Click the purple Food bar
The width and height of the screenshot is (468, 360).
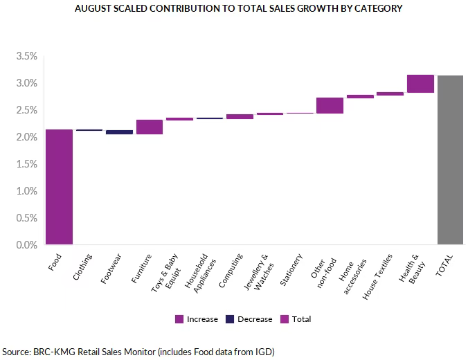(59, 187)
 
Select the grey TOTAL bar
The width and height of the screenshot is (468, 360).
(451, 160)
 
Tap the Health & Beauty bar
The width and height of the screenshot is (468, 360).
(420, 83)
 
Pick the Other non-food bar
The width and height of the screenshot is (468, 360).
(330, 105)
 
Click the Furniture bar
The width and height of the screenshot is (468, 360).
(150, 127)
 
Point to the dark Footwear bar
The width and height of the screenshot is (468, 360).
(119, 132)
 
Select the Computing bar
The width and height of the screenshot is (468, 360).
(240, 116)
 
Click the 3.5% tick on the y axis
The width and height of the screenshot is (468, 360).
(25, 56)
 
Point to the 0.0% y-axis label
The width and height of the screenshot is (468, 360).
(25, 245)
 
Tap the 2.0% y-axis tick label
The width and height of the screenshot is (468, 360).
(25, 137)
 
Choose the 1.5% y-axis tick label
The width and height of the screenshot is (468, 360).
(25, 164)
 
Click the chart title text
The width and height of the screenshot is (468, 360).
(234, 9)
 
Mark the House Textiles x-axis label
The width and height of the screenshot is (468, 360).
(378, 276)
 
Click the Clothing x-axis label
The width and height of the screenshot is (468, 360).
(82, 267)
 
